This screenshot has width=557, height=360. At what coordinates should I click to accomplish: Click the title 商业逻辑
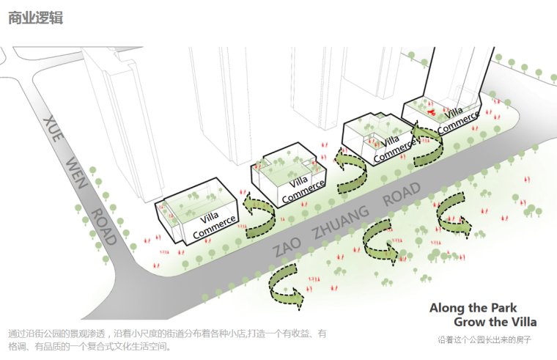pyautogui.click(x=35, y=18)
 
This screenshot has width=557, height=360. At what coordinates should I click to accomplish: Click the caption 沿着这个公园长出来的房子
pyautogui.click(x=484, y=340)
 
